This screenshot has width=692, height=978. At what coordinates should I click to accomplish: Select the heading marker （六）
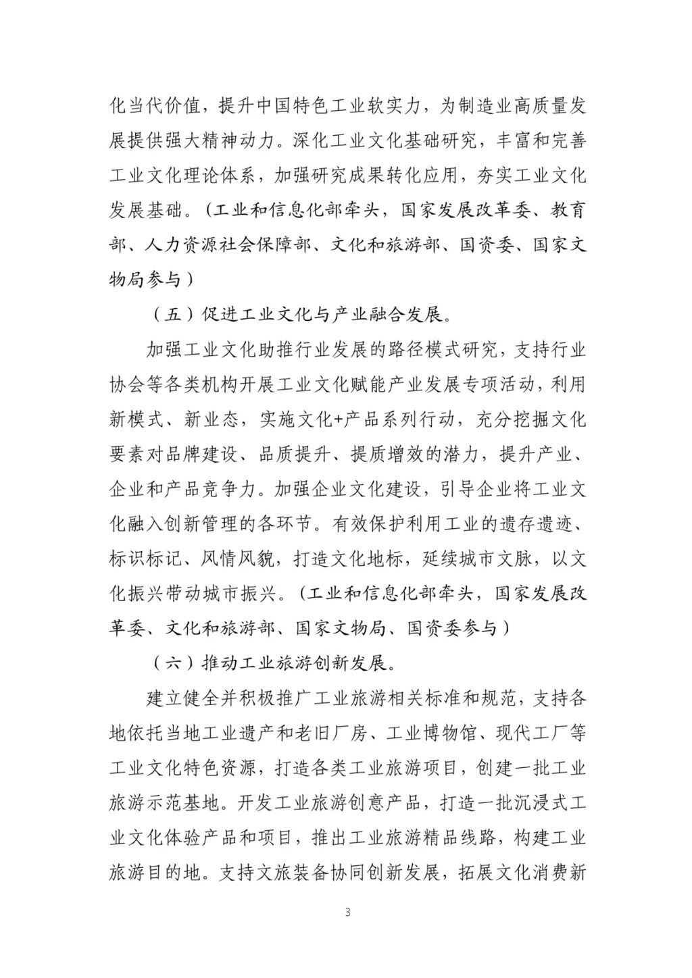pos(173,663)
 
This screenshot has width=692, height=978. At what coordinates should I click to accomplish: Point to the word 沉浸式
pos(544,803)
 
